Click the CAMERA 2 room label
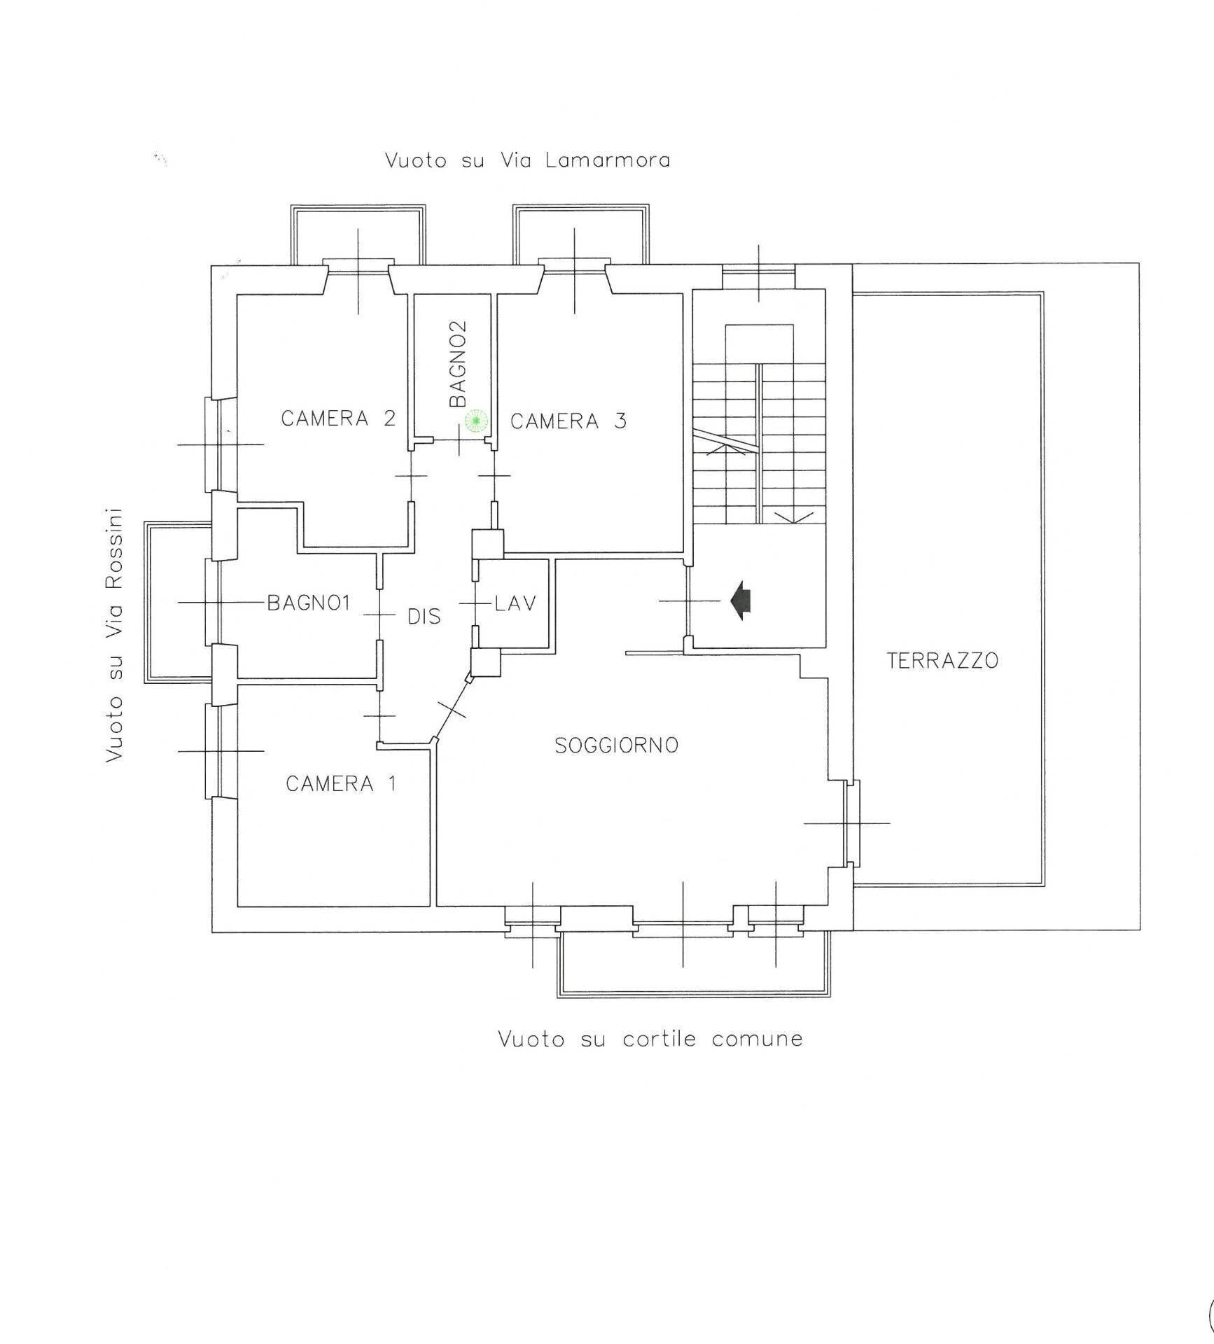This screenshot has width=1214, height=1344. point(338,419)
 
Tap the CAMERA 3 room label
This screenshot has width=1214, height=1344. point(568,421)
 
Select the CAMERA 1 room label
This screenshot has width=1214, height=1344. point(341,783)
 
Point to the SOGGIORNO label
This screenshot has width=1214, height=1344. point(617,745)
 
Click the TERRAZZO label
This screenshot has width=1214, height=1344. point(942,660)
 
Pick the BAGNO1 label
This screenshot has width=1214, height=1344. point(309,603)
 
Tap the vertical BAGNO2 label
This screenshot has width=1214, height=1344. point(458,364)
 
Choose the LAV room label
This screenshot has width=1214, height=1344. point(515,603)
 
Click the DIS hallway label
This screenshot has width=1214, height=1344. point(424,617)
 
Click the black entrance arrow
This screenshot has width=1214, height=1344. point(740,601)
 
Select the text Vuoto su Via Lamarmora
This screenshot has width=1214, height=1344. point(527,160)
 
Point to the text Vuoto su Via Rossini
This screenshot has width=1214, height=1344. point(114,635)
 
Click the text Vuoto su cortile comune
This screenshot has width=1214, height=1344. point(650,1038)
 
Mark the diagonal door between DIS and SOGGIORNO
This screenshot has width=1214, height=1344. point(452,708)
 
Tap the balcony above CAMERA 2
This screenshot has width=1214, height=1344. point(358,234)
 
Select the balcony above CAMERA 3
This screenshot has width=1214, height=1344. point(580,234)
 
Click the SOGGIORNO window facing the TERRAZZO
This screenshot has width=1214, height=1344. point(851,823)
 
